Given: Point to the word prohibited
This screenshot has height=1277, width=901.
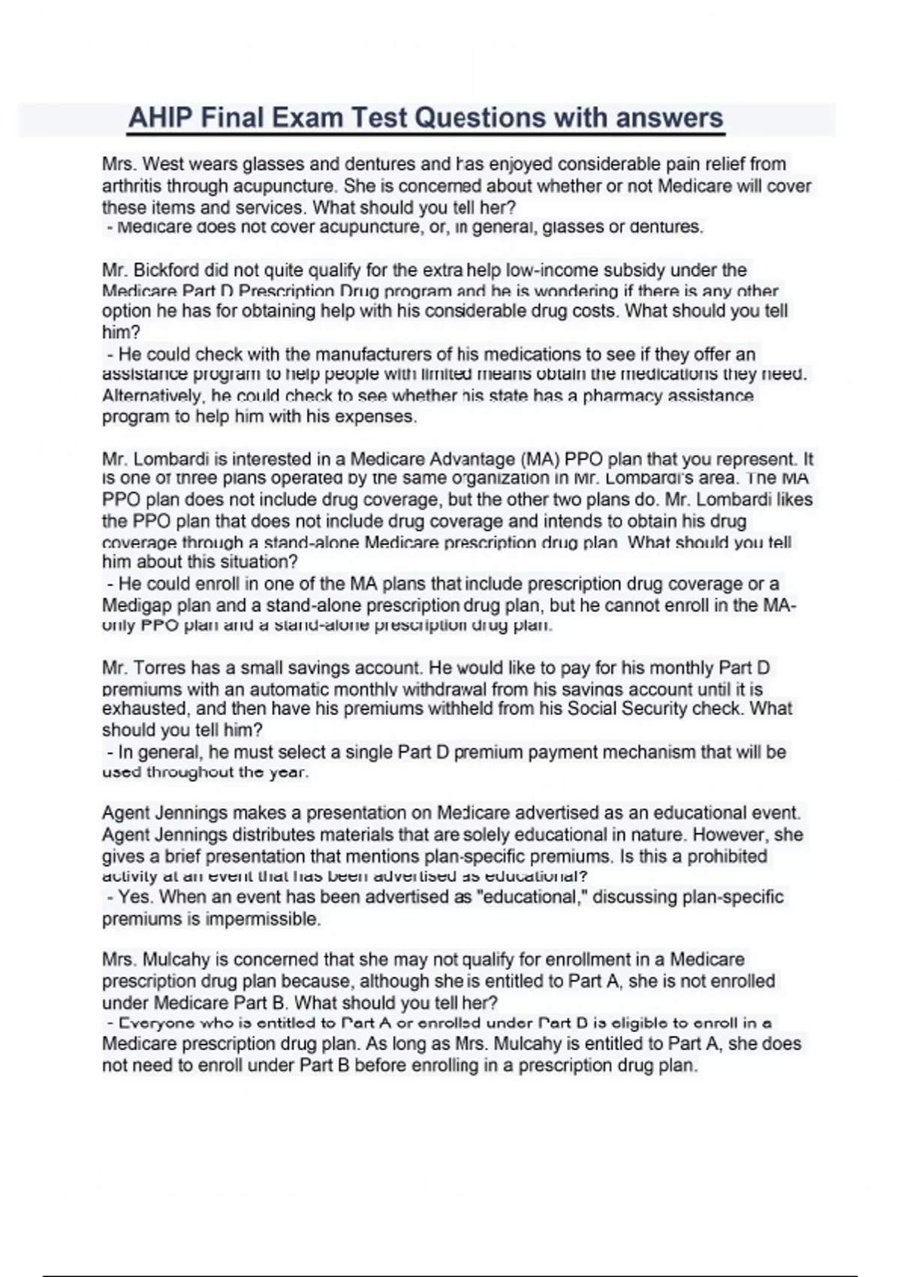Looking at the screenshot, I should [x=728, y=856].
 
